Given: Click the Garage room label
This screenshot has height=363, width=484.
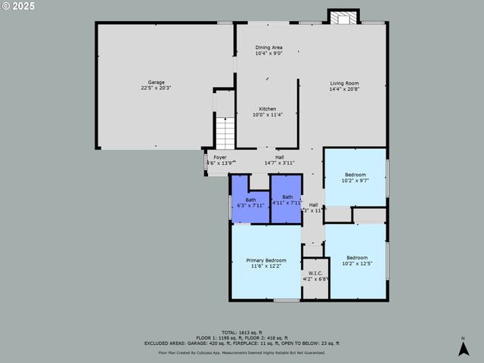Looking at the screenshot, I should [156, 82].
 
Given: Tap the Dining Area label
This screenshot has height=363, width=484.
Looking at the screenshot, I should [268, 48].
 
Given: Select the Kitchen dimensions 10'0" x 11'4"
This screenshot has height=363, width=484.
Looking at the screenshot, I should [268, 115].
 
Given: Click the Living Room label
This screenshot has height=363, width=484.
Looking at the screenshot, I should [343, 83].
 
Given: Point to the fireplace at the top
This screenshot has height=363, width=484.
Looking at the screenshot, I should [343, 17].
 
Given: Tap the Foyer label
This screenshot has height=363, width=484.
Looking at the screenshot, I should [219, 157].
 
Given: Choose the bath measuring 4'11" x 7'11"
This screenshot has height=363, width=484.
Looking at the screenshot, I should [287, 200].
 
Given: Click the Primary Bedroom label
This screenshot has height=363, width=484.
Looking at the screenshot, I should [266, 260].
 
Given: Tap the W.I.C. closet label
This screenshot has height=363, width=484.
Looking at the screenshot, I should [312, 274].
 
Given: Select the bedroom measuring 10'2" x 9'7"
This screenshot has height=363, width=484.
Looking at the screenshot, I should [355, 178].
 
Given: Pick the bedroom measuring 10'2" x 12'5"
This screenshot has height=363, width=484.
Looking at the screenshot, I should [356, 260].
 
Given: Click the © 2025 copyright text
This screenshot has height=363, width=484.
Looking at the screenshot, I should [18, 7].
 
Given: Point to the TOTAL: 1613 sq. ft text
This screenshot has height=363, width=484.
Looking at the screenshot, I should [241, 332].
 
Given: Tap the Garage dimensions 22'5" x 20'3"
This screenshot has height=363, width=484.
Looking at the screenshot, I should [156, 88].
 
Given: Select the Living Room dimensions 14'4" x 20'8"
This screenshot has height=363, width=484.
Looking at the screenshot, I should [343, 89].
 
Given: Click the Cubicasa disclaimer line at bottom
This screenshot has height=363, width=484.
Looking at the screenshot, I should [241, 352].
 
